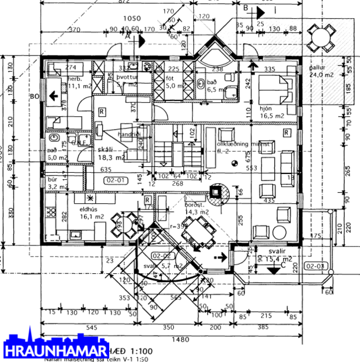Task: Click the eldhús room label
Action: click(91, 208)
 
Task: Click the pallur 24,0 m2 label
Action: click(320, 71)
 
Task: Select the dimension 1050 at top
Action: click(132, 19)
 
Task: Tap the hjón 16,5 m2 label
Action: click(270, 113)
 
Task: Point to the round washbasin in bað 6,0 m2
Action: click(53, 138)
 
